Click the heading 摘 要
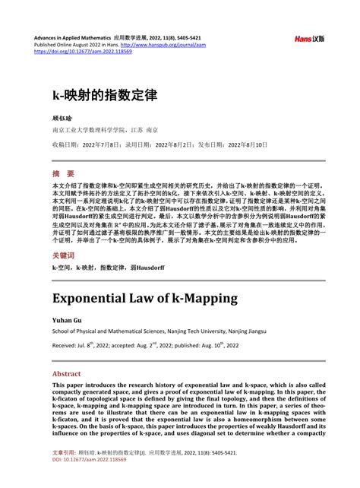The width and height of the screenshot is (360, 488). point(63,173)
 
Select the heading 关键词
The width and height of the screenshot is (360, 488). point(64,256)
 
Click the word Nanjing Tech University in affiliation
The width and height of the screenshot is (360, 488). point(205,331)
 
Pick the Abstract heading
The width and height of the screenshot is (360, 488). point(66,374)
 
